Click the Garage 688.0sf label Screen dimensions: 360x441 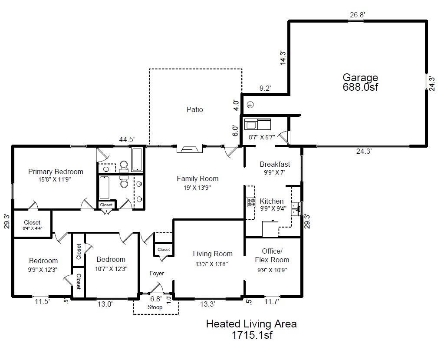[x=360, y=82]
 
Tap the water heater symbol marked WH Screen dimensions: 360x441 [x=250, y=105]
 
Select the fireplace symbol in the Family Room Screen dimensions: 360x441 [x=189, y=149]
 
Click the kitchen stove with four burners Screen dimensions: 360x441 [x=251, y=202]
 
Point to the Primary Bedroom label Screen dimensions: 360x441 [x=56, y=172]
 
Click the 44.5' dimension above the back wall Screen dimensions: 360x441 [x=127, y=139]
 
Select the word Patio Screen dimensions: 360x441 [x=194, y=109]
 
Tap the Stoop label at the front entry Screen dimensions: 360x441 [x=155, y=307]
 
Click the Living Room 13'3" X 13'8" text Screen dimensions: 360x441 [x=213, y=258]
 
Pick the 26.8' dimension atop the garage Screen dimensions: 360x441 [x=357, y=15]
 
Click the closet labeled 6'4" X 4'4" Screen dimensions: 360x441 [x=33, y=225]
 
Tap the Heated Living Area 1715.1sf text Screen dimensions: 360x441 [x=251, y=329]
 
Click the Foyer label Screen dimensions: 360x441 [x=157, y=274]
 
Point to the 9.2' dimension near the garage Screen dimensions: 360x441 [x=265, y=89]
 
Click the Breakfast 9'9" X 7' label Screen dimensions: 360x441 [x=274, y=168]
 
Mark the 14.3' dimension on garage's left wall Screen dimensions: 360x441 [x=283, y=58]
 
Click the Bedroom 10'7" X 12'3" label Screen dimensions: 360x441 [x=111, y=264]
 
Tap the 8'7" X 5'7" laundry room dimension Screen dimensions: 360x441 [x=262, y=136]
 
